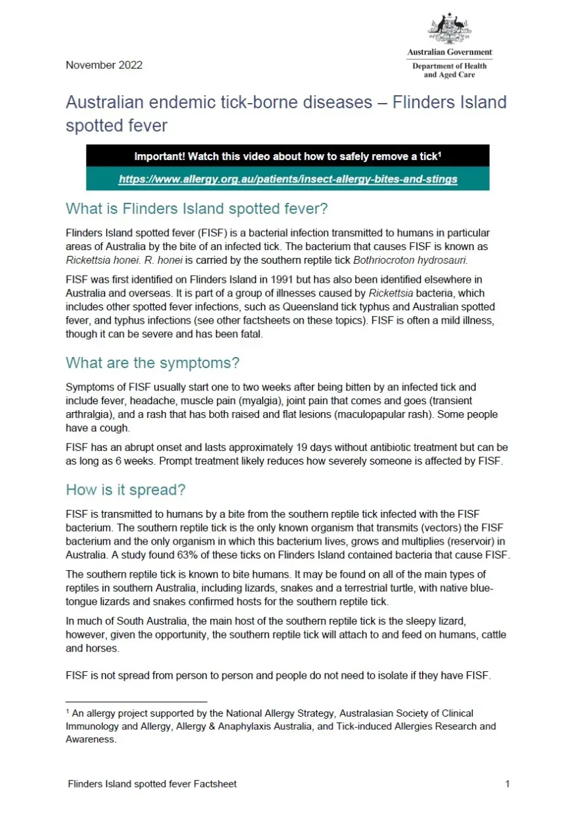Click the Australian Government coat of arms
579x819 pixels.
[x=450, y=29]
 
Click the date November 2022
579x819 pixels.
[x=104, y=65]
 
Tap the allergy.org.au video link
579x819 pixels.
[x=288, y=178]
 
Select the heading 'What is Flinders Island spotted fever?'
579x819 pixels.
[x=196, y=209]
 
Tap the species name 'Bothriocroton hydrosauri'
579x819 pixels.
[x=410, y=260]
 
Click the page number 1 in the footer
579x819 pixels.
[x=507, y=784]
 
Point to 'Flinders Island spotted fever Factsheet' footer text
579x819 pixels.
[x=152, y=784]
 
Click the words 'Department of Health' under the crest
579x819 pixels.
[x=450, y=66]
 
